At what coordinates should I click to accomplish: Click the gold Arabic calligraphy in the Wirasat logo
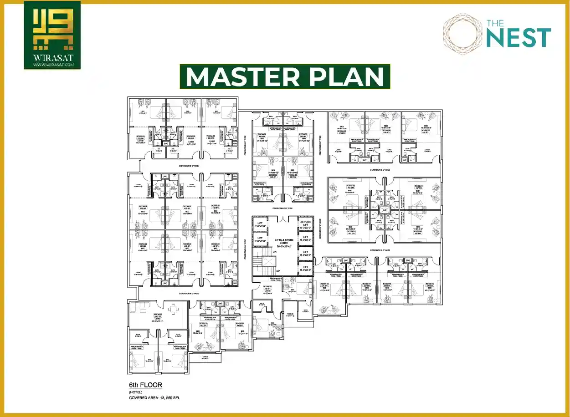point(52,31)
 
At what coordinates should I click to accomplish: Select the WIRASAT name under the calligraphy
point(52,59)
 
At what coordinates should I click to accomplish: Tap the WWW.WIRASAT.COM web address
point(52,66)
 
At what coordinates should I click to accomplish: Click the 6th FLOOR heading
point(145,385)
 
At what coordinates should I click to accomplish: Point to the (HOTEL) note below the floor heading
point(135,392)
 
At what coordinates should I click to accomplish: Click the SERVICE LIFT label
point(305,224)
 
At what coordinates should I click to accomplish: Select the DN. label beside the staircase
point(274,252)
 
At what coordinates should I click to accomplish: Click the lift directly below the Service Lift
point(305,237)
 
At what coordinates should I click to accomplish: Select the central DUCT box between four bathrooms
point(384,210)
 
